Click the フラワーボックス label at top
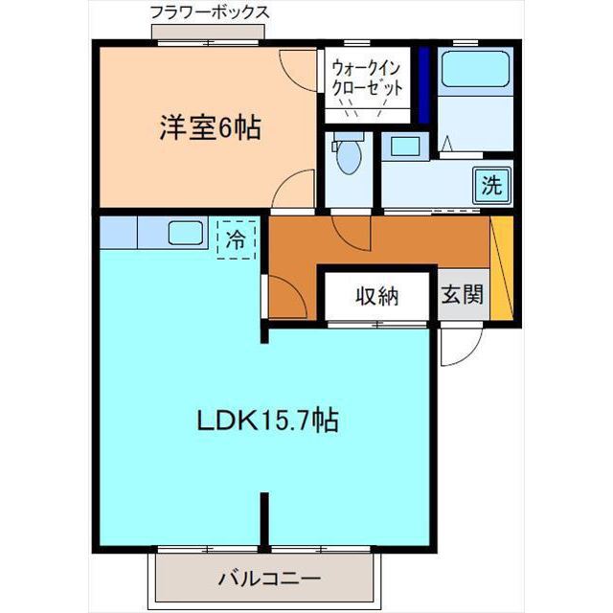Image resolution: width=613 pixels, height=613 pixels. (x=209, y=13)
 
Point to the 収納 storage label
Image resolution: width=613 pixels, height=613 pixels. (x=377, y=295)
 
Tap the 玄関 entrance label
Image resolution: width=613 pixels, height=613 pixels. (x=462, y=295)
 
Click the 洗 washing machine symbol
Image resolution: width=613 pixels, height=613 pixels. (x=491, y=185)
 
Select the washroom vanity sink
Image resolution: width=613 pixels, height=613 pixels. (x=403, y=147)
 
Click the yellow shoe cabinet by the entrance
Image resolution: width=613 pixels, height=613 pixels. (x=503, y=265)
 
